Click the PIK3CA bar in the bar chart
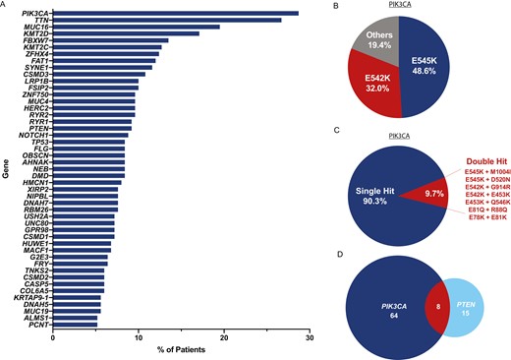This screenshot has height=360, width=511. pos(177,14)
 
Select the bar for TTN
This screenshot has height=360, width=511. pos(168,21)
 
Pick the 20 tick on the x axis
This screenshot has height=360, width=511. pos(225,337)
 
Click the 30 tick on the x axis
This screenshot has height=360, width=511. pos(310,337)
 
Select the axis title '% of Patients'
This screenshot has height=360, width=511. pos(182,352)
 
